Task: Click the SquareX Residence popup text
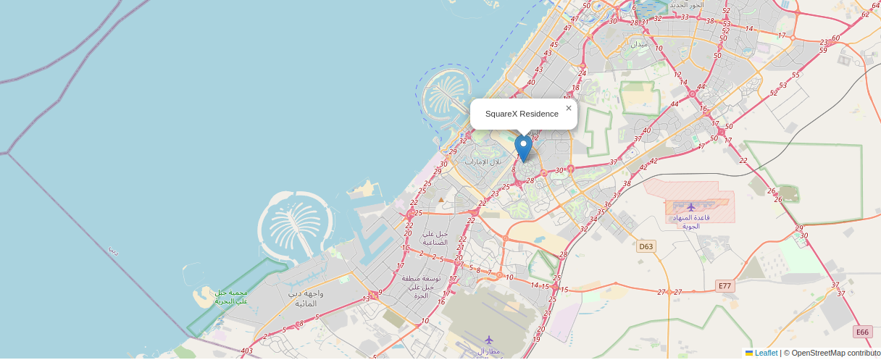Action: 522,114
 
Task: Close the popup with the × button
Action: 569,108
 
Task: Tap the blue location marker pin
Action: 523,148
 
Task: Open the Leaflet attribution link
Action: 766,353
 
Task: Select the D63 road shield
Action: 646,247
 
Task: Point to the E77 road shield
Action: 725,286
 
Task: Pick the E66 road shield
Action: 862,332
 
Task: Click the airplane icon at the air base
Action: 691,207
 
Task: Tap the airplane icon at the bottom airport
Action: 488,339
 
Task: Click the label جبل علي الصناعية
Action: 435,238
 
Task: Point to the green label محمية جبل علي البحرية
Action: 231,296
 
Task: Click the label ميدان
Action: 639,44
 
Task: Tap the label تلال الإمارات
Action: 483,161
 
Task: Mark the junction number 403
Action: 246,351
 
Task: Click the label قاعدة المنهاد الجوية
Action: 692,222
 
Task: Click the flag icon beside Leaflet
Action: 749,353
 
